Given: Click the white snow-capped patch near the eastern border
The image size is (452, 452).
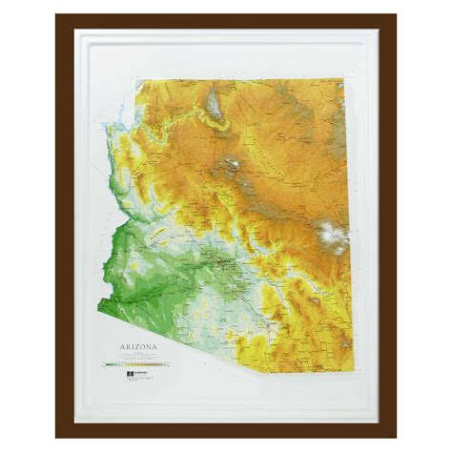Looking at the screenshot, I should coord(332,235).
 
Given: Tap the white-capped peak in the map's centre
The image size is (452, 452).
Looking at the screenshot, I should coord(230,167).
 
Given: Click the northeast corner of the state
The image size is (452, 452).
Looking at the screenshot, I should coord(343,80).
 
